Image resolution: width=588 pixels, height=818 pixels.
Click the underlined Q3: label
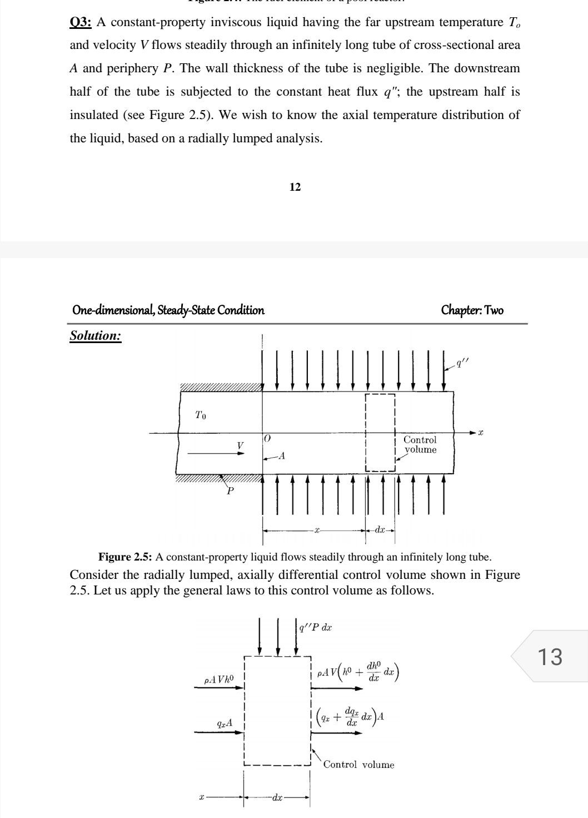[81, 23]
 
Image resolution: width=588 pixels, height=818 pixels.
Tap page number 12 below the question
[295, 187]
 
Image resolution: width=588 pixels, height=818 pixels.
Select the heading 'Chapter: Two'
[472, 310]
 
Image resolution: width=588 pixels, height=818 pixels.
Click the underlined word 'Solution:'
[96, 336]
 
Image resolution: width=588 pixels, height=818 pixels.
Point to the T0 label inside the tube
[201, 415]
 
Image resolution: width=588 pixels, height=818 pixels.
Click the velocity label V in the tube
[240, 445]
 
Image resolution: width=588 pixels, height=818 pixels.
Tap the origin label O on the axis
[267, 439]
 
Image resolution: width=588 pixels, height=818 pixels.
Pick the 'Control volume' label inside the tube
[420, 445]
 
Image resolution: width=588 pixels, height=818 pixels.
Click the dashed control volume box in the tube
[380, 433]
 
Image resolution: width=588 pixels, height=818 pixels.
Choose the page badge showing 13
[550, 656]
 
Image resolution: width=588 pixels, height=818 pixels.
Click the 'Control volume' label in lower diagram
[358, 765]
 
